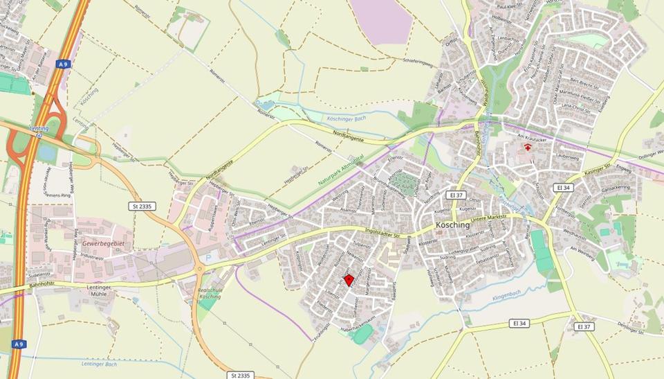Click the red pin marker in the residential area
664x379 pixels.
click(350, 279)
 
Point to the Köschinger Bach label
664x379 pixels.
click(345, 118)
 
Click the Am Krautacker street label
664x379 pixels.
click(532, 137)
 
